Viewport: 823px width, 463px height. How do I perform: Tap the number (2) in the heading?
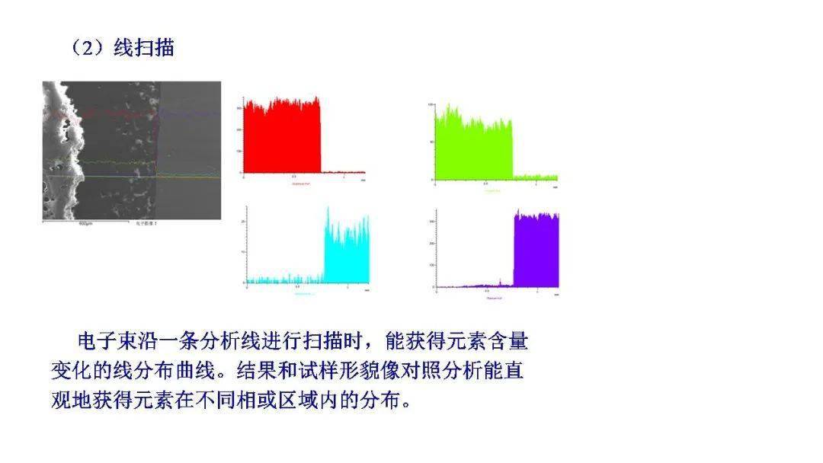pos(91,48)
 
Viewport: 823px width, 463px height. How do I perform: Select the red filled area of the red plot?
pos(281,137)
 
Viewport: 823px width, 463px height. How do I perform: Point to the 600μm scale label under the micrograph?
pos(86,224)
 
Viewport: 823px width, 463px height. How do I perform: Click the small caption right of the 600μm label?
pos(146,224)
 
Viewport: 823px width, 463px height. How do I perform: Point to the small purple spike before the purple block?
pos(499,283)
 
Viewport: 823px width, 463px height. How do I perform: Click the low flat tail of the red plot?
pos(343,172)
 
